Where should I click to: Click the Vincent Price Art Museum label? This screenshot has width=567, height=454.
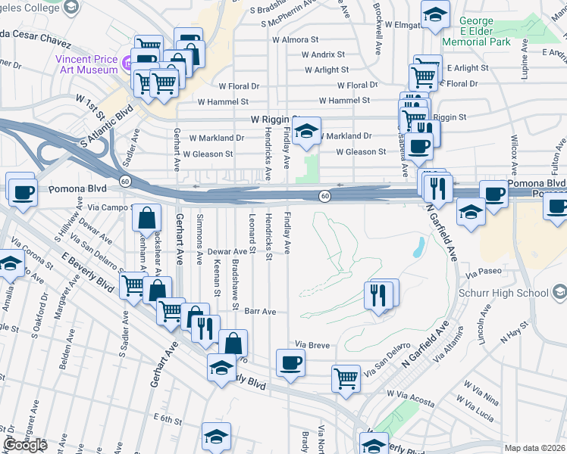(85, 62)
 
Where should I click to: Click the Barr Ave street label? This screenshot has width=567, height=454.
(259, 311)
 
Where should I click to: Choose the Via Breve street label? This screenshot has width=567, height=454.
(312, 345)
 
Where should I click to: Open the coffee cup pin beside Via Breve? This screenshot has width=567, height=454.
(290, 362)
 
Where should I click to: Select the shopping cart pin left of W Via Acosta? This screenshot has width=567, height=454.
(346, 378)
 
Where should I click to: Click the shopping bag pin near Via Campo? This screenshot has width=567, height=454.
(146, 217)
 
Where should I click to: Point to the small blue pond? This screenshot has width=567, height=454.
(419, 247)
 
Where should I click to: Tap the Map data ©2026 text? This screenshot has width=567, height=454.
(535, 448)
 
